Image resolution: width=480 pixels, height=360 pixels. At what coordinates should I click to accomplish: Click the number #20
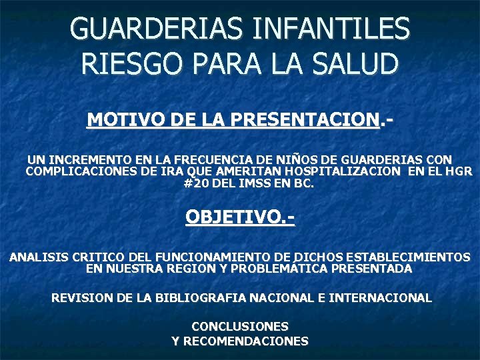click(196, 183)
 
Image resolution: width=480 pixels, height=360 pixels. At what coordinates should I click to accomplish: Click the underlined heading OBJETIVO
click(239, 217)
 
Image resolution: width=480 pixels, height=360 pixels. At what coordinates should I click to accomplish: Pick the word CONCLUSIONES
click(240, 327)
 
